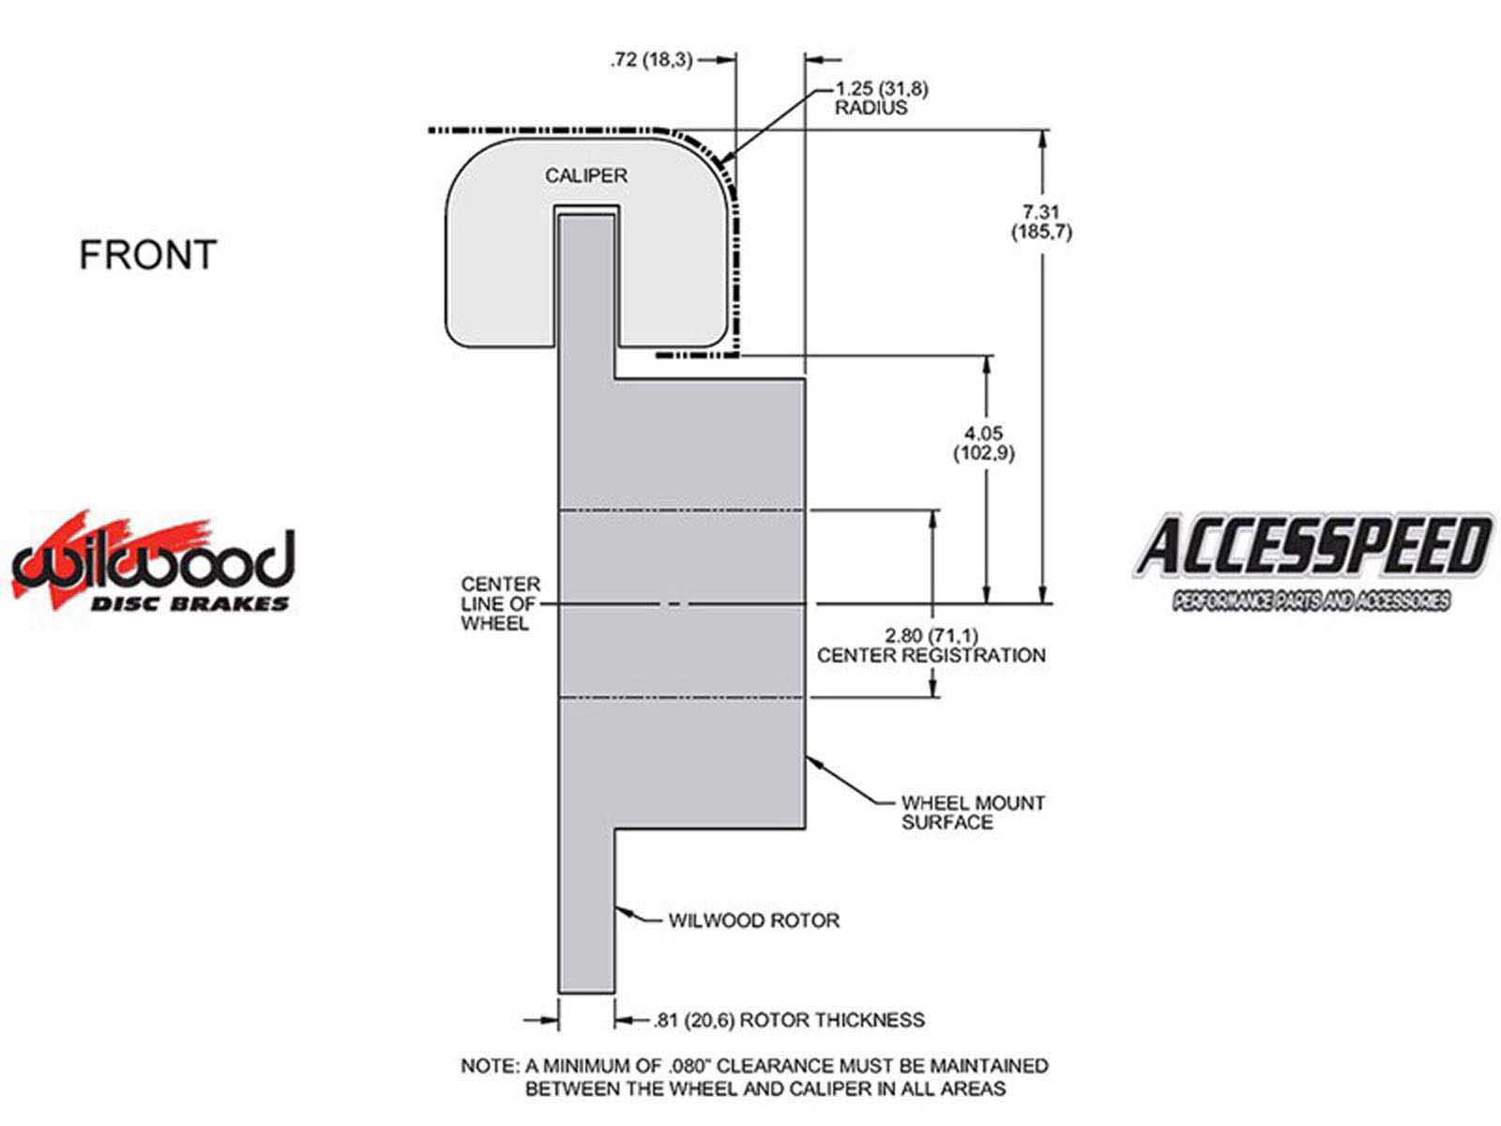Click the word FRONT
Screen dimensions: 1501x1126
click(x=147, y=254)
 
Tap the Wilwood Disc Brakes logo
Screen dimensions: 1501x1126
click(x=153, y=563)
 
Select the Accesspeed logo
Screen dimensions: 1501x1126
click(x=1312, y=561)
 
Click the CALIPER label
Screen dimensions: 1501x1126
click(x=586, y=175)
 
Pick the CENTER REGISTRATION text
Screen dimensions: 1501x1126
click(x=932, y=655)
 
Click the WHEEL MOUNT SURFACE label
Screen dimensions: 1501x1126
click(x=973, y=813)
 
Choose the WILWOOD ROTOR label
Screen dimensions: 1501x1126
click(x=753, y=921)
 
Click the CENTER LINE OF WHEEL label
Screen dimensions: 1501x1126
click(x=500, y=603)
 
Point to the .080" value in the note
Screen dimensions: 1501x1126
click(x=688, y=1066)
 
